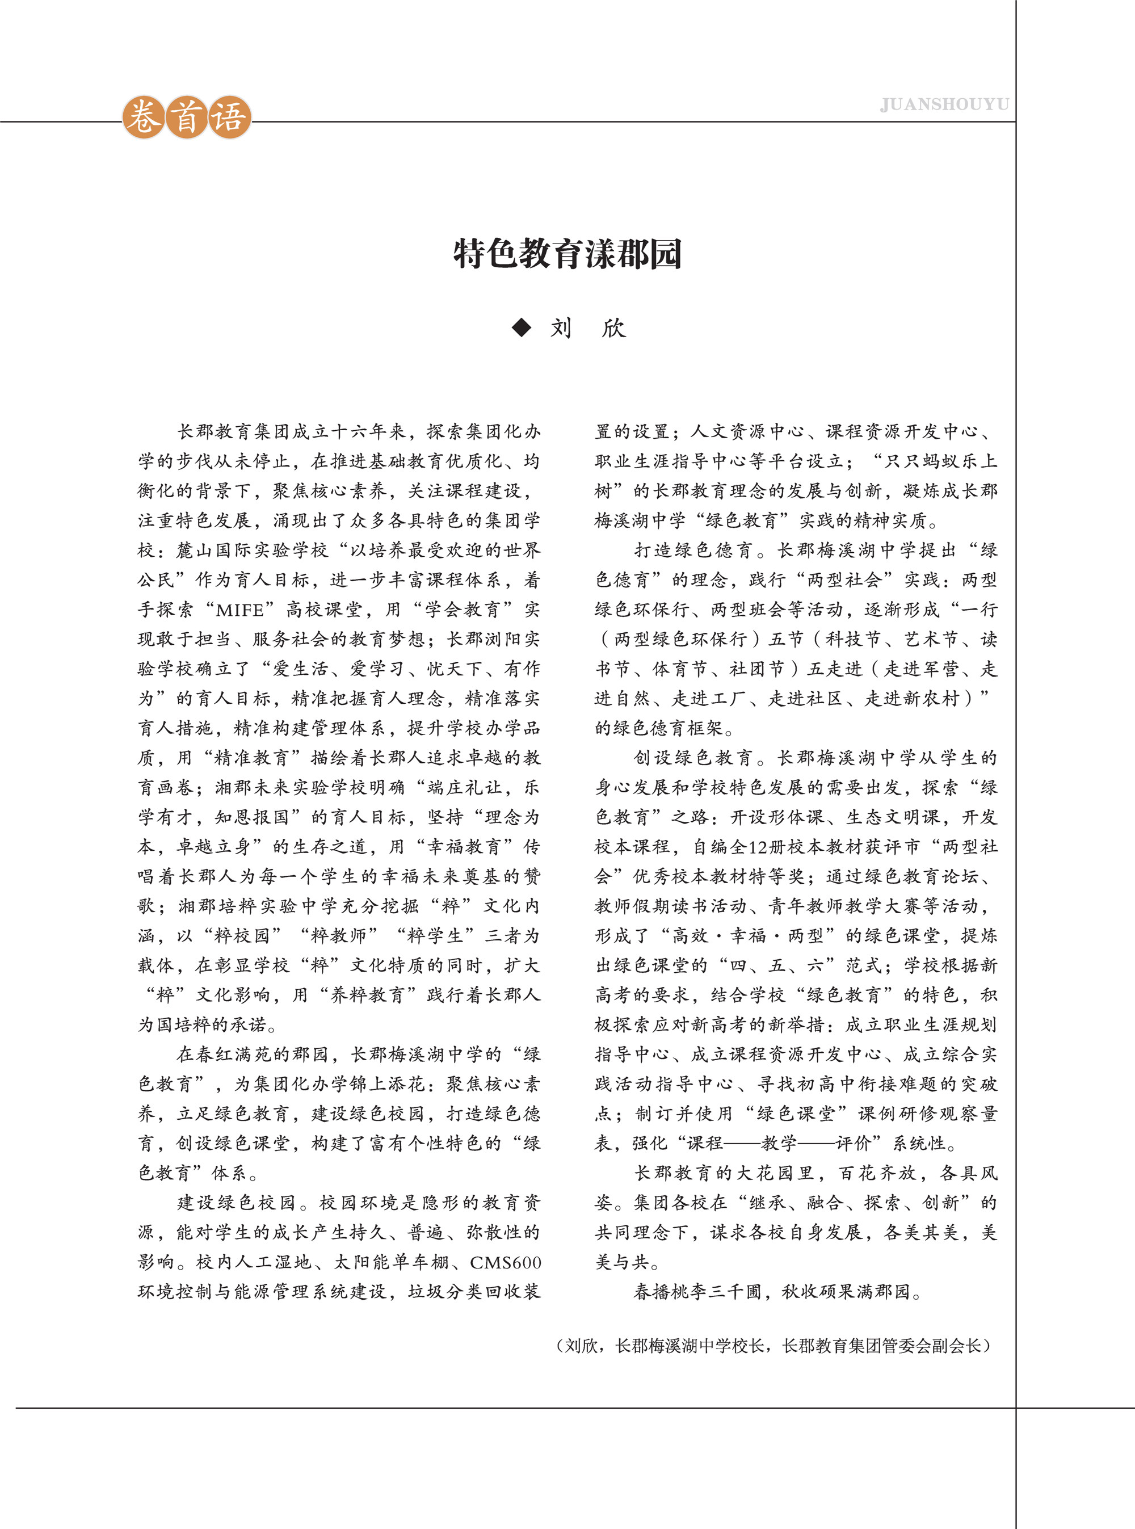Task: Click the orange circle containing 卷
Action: click(x=144, y=117)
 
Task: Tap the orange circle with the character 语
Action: click(x=229, y=117)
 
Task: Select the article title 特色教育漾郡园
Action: click(x=567, y=254)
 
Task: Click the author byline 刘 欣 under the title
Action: click(x=588, y=328)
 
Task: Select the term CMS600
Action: click(x=506, y=1262)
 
